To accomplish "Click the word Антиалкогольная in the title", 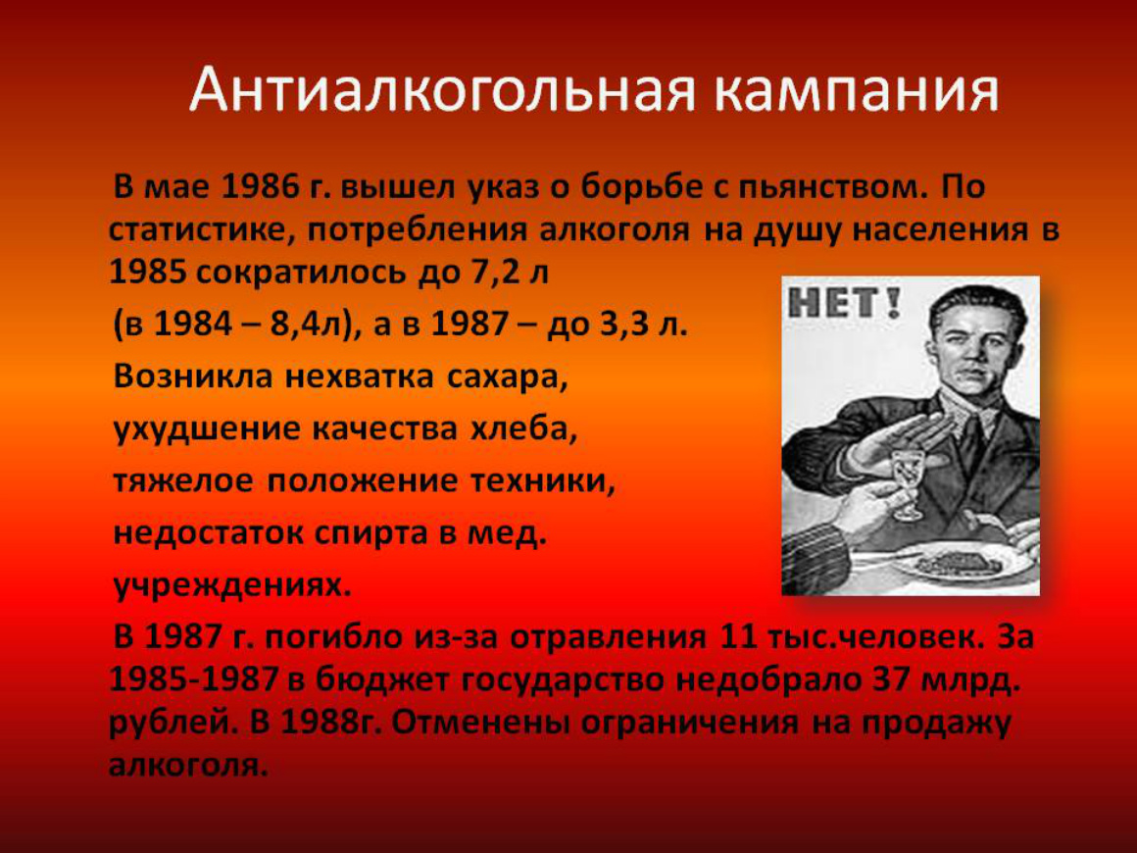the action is pos(444,90).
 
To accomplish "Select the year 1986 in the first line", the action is pos(260,187).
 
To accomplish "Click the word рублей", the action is pos(173,724).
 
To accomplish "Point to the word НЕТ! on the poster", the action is pos(844,302).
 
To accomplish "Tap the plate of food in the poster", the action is pos(960,559).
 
